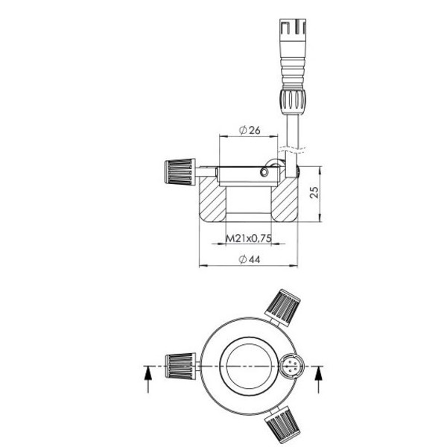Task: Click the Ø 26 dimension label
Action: click(x=250, y=130)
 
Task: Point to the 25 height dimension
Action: click(x=314, y=192)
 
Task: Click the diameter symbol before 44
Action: click(x=241, y=259)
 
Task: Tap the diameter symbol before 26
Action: click(x=243, y=130)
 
